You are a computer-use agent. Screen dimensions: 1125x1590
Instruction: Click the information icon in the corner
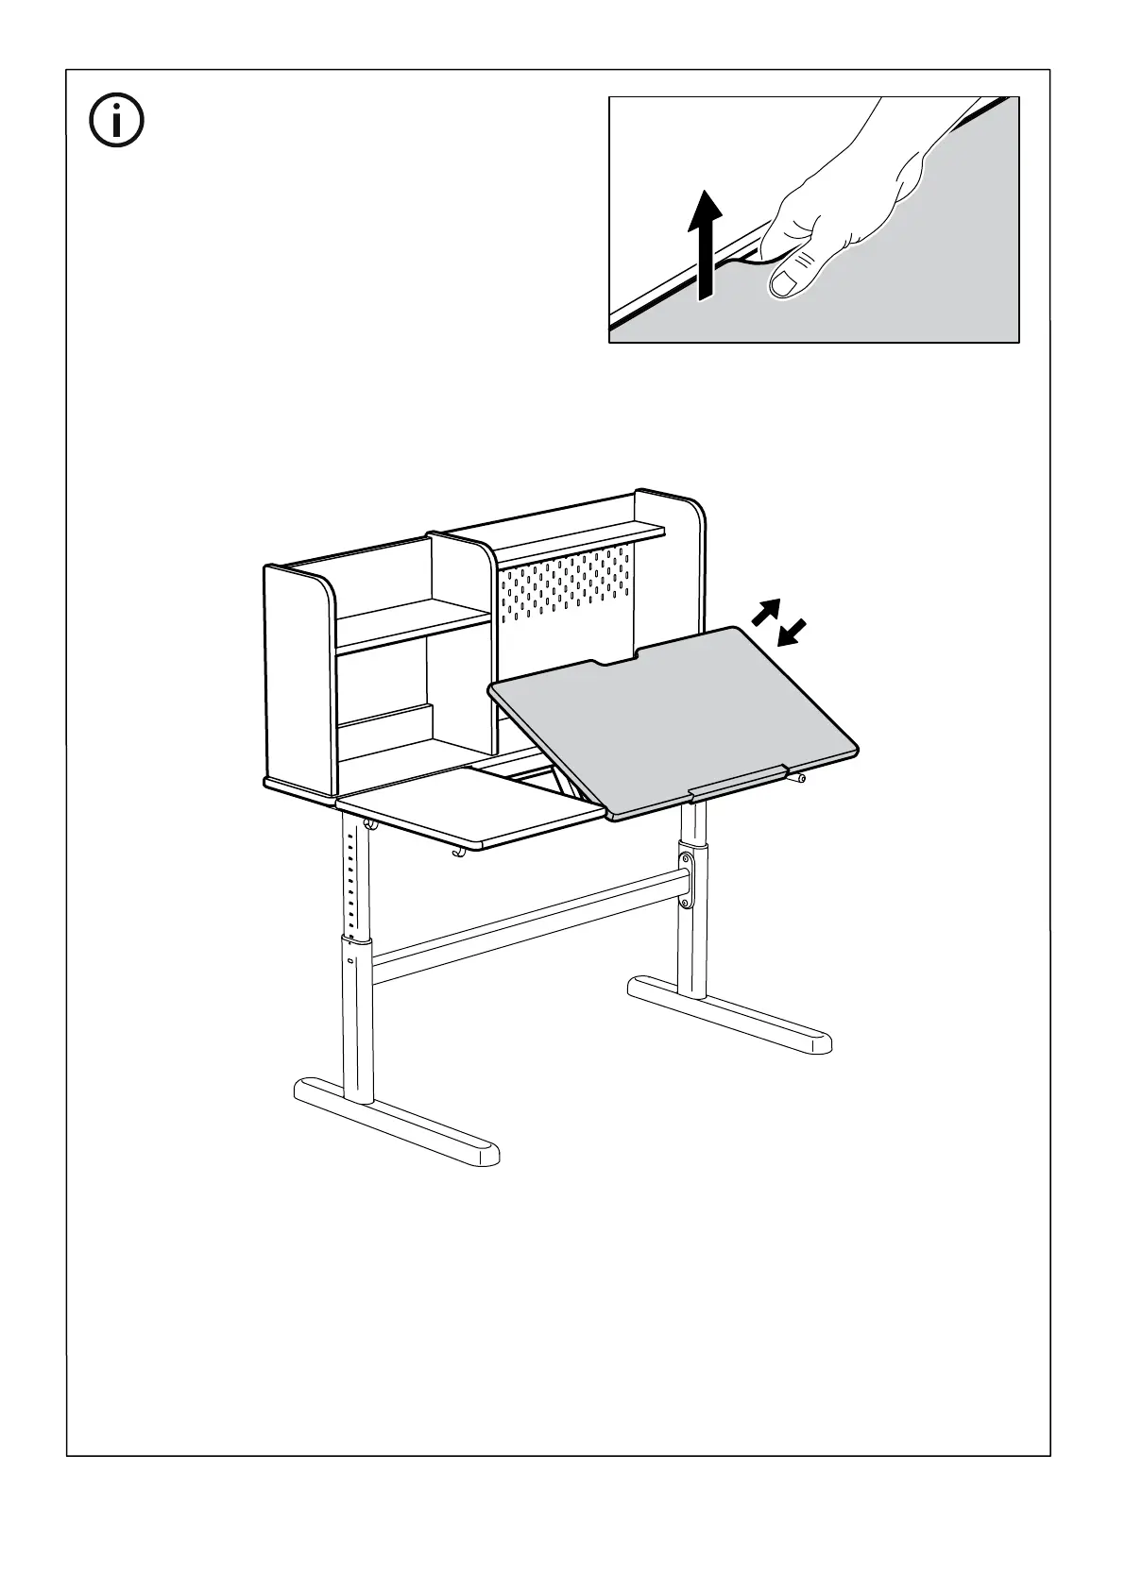(x=116, y=120)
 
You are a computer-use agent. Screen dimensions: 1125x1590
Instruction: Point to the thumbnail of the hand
(x=786, y=281)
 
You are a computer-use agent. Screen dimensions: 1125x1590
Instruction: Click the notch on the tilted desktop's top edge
(x=616, y=660)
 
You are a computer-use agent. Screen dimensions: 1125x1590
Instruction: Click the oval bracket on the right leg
(x=687, y=877)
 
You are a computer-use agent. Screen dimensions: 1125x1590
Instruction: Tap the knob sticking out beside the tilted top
(x=799, y=778)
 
